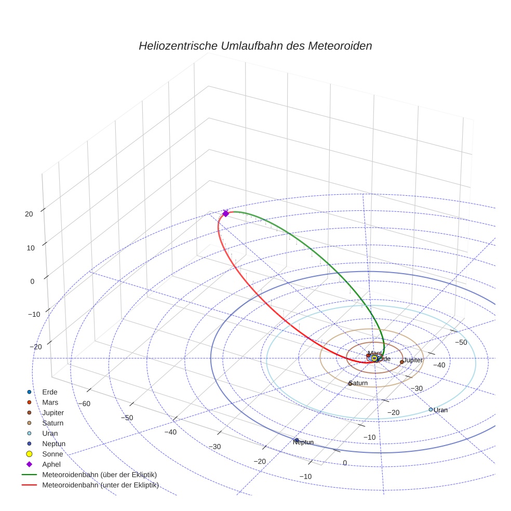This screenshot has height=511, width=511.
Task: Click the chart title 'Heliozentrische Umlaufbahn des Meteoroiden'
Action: (x=255, y=46)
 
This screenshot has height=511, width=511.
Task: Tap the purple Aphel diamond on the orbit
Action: (x=225, y=213)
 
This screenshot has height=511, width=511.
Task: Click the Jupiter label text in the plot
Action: (x=413, y=360)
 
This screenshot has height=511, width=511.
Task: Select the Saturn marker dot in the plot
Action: (x=351, y=384)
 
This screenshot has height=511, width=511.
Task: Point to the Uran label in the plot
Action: (x=440, y=410)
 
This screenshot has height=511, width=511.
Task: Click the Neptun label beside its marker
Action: (x=303, y=442)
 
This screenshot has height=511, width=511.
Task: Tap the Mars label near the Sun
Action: (x=374, y=354)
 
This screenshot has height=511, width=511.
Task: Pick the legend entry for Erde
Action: (x=49, y=392)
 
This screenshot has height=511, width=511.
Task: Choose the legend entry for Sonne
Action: (x=52, y=454)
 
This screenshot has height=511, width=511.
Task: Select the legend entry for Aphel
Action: (x=51, y=464)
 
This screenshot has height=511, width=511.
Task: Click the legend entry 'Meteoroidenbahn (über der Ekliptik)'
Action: (x=99, y=475)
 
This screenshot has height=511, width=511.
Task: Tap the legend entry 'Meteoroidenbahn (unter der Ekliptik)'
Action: (x=100, y=485)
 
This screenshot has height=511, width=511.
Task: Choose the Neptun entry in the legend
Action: (x=53, y=443)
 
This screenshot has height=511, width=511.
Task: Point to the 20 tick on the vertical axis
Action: (x=29, y=213)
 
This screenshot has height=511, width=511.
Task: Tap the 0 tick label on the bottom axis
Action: (x=344, y=463)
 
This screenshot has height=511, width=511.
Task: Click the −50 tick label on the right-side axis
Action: (x=461, y=343)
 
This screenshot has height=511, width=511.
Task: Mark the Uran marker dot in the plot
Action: (x=431, y=410)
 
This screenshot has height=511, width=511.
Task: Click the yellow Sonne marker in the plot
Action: (x=374, y=358)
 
